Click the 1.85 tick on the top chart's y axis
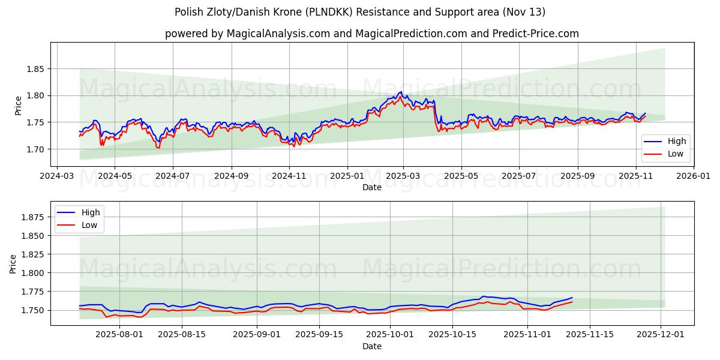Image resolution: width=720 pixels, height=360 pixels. point(35,69)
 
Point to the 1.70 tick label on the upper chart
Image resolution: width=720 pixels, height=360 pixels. point(35,149)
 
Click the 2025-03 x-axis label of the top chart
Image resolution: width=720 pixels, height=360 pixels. point(403,176)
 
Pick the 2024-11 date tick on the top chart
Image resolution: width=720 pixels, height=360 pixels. point(289,176)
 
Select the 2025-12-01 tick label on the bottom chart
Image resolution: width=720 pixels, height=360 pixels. point(661,335)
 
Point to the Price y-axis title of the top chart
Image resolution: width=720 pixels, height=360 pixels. point(18,105)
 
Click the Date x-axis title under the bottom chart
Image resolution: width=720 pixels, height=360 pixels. point(372,346)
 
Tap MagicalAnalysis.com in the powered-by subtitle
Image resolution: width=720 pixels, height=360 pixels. point(278,34)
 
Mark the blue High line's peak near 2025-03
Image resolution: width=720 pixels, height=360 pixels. point(400,92)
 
